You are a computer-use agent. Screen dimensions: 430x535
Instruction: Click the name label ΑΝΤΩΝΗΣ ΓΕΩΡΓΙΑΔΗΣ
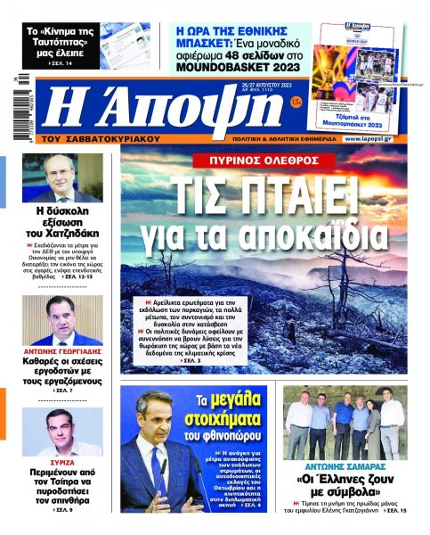(61, 352)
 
